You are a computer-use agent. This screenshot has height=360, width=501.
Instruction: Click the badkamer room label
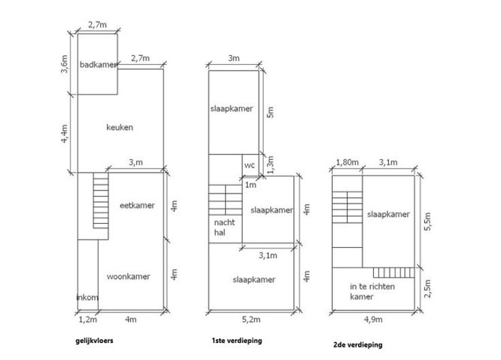coord(97,65)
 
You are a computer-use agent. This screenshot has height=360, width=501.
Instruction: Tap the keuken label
coord(120,127)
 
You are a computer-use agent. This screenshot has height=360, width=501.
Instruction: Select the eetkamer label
coord(136,205)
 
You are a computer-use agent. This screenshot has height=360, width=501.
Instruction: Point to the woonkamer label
coord(129,276)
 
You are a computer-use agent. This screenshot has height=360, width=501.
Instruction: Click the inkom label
coord(87,297)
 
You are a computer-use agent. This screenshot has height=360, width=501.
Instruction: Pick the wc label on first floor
coord(248,165)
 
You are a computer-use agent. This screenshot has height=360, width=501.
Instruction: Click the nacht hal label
coord(223,229)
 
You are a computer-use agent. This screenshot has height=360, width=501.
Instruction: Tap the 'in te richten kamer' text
coord(372,291)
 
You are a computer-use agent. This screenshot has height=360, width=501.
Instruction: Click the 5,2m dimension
coord(251,318)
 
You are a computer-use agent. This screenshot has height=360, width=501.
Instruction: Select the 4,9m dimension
coord(372,319)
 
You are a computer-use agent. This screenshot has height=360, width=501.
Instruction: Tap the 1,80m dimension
coord(346,162)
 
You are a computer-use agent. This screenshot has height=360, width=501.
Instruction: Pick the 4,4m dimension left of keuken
coord(65,133)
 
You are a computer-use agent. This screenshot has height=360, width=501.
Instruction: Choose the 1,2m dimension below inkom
coord(88,318)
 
